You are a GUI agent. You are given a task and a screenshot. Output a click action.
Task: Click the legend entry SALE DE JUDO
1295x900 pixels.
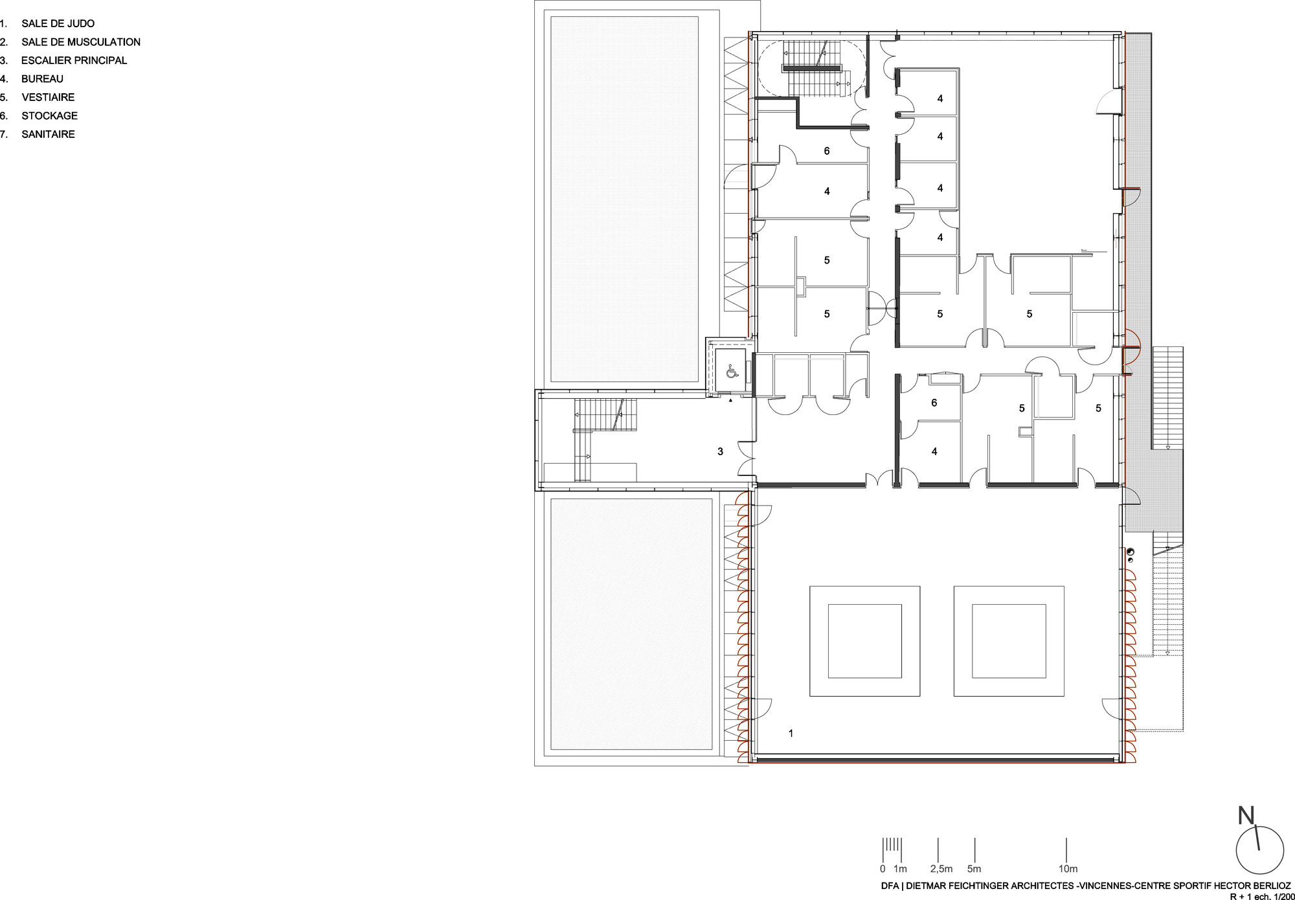coord(58,23)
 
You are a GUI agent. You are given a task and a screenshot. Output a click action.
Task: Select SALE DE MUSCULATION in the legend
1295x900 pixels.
coord(81,42)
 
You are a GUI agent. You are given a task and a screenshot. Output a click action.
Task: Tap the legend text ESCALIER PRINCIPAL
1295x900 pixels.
coord(74,60)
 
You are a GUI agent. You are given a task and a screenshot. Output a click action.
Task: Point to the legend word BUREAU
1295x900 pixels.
coord(42,79)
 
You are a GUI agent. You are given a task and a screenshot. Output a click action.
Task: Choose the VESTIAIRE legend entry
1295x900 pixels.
coord(48,97)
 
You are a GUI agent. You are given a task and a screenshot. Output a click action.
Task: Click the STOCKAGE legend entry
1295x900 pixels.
coord(49,116)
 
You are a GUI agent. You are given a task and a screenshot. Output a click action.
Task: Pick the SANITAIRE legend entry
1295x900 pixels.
coord(48,134)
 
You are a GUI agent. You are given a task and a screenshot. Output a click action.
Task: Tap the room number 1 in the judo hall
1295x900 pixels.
coord(791,734)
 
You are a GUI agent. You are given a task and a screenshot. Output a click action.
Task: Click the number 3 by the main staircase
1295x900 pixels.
coord(720,451)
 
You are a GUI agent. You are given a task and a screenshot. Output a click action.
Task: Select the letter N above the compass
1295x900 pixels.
coord(1246,816)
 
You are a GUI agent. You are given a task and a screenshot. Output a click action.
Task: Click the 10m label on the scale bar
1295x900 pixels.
coord(1068,869)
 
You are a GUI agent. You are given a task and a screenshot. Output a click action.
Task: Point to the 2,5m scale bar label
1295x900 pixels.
coord(941,869)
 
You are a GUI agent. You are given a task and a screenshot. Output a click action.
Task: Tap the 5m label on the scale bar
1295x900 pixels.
coord(974,869)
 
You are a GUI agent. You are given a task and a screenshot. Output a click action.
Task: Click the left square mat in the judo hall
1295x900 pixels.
coord(864,641)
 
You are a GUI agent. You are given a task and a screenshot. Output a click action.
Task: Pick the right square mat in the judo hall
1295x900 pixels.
coord(1009,641)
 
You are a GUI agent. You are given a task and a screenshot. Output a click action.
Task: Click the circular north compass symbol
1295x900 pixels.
coord(1259,850)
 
